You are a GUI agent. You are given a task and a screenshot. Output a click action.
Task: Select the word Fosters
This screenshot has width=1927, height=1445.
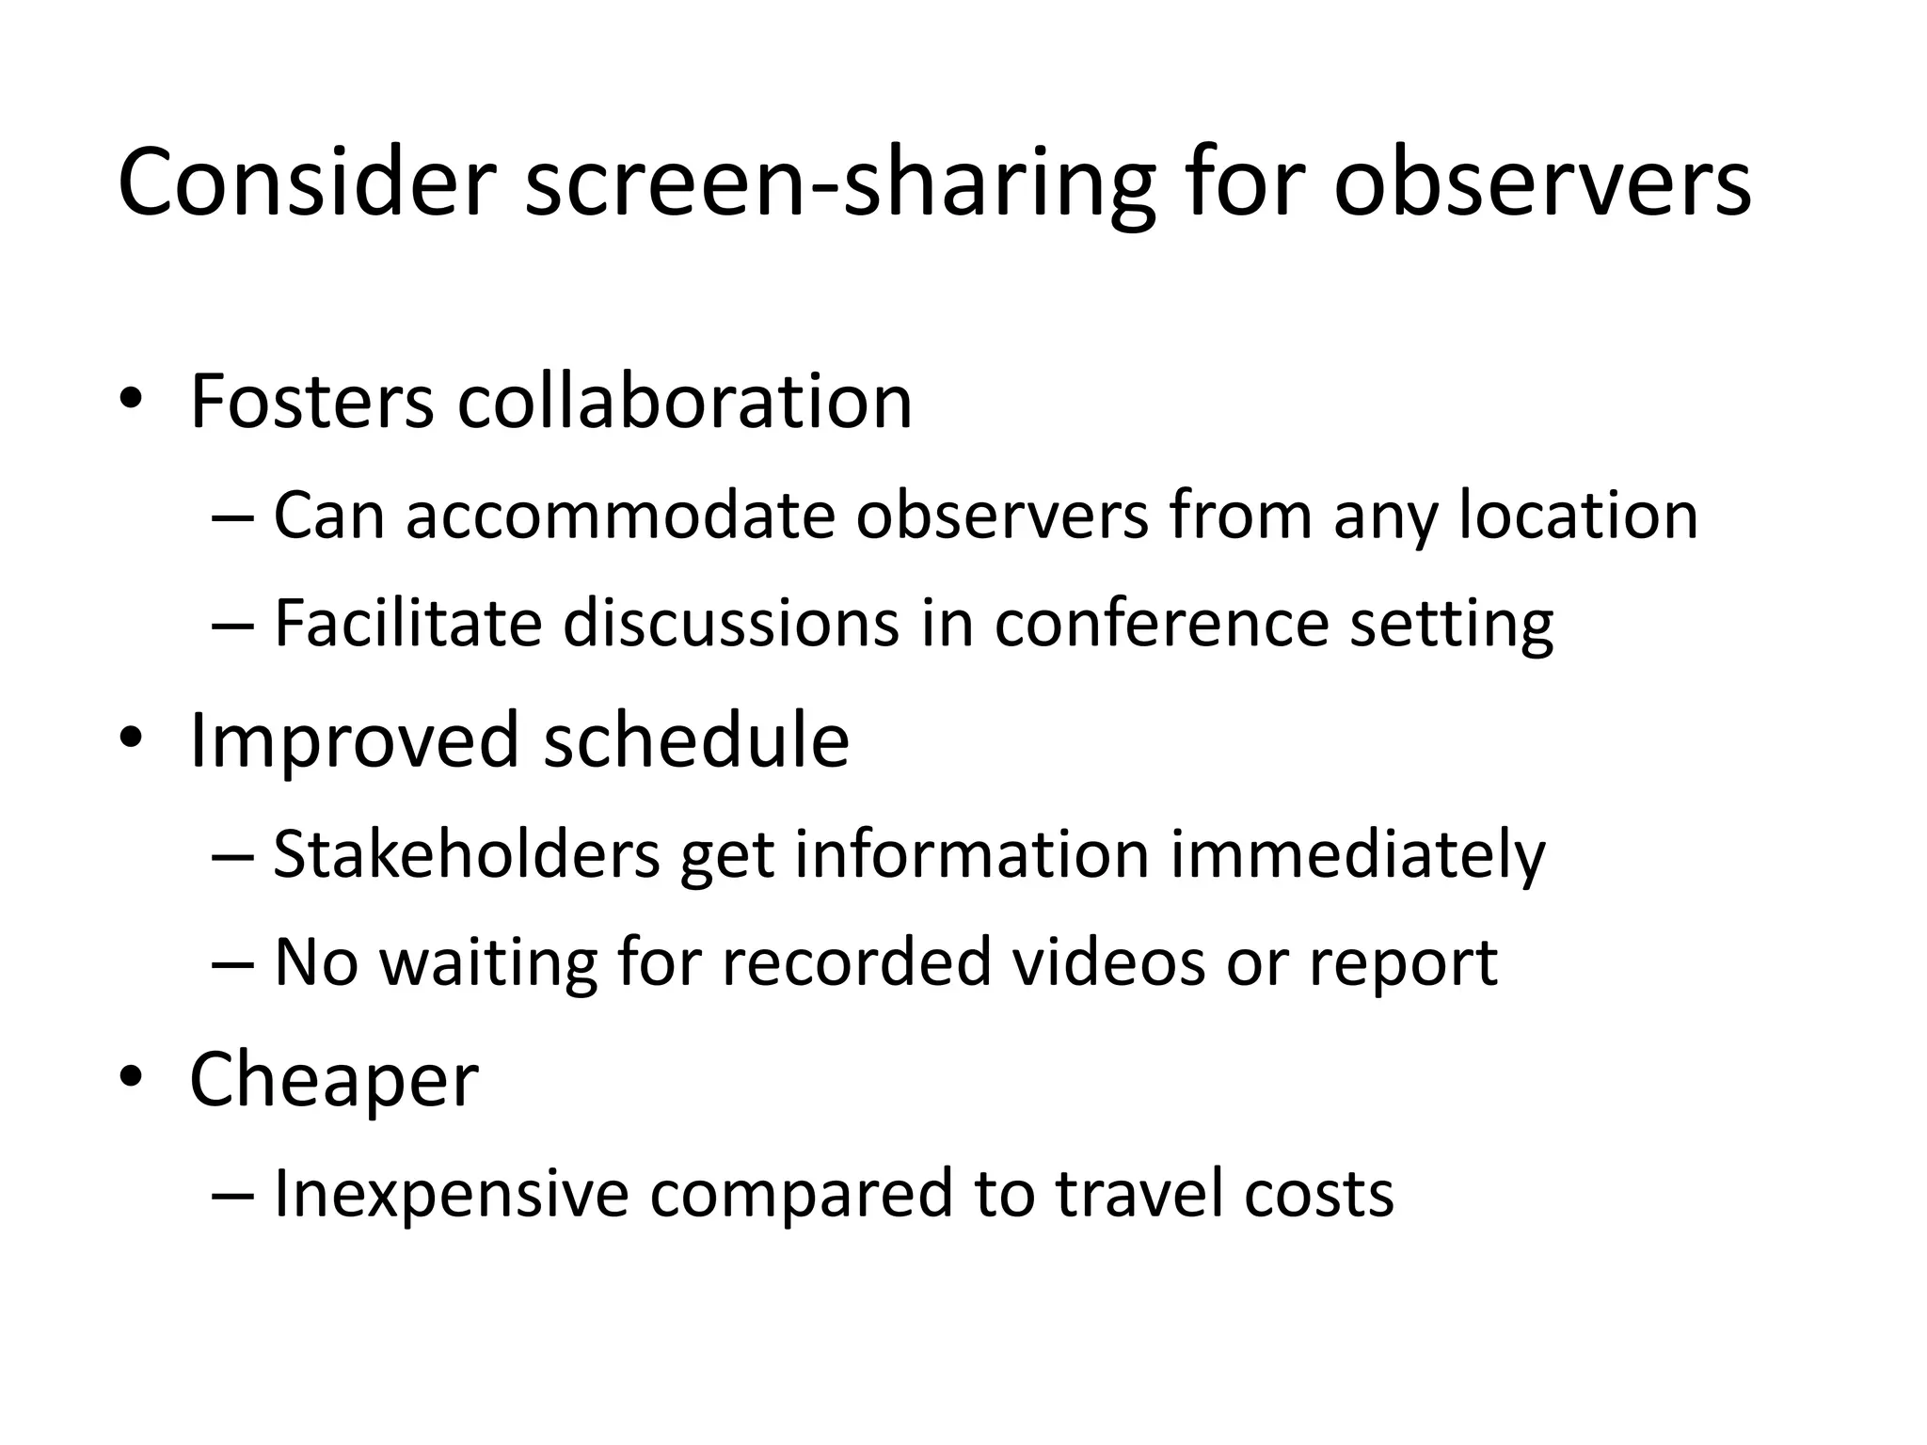pyautogui.click(x=311, y=402)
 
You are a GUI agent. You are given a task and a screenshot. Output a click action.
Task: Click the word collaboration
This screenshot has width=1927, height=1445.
pyautogui.click(x=684, y=402)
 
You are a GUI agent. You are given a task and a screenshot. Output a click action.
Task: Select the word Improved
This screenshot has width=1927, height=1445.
pyautogui.click(x=354, y=740)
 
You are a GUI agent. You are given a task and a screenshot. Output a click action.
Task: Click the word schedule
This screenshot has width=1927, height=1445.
pyautogui.click(x=696, y=740)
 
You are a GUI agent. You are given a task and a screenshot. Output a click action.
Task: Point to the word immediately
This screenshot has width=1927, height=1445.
pyautogui.click(x=1357, y=856)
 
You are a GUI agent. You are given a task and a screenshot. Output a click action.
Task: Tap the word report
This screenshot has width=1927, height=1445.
pyautogui.click(x=1403, y=963)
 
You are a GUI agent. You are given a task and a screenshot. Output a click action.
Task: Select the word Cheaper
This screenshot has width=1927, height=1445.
pyautogui.click(x=334, y=1080)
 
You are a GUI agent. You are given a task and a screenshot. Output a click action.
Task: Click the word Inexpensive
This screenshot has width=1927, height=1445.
pyautogui.click(x=451, y=1193)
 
